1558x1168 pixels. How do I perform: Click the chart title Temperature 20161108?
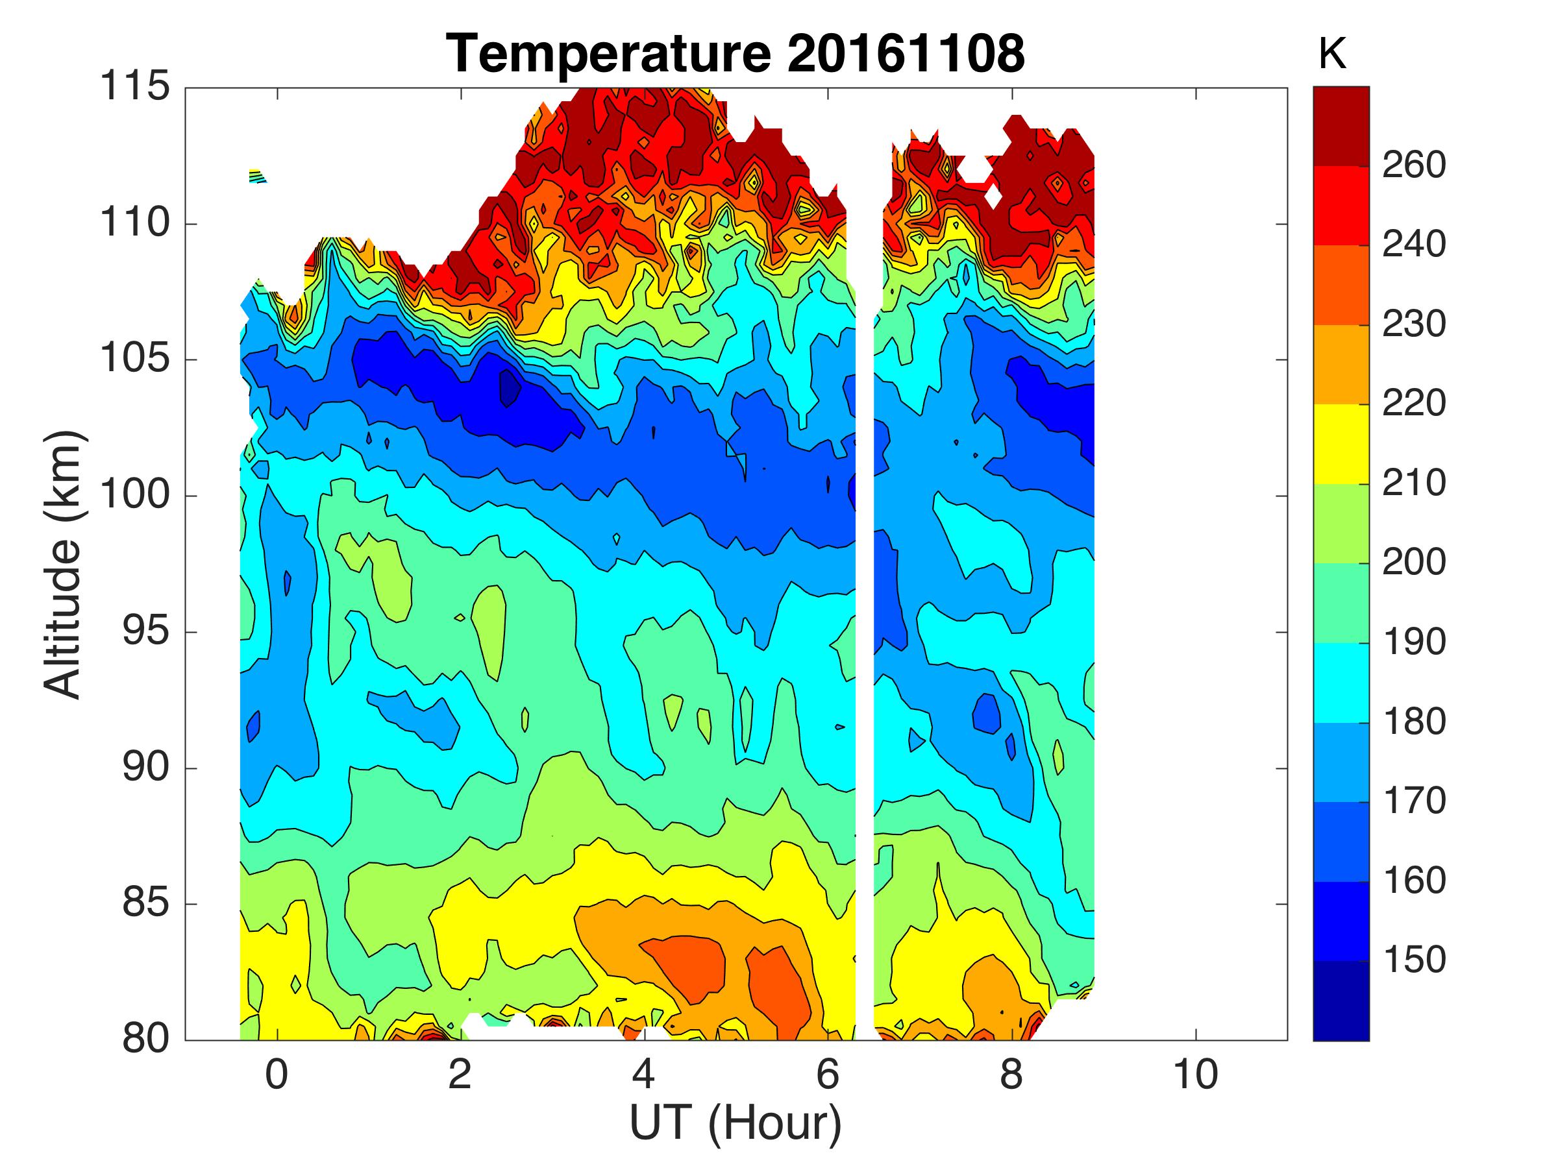[736, 53]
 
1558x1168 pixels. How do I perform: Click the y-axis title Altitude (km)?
[64, 565]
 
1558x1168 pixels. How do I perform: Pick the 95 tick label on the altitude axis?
[146, 631]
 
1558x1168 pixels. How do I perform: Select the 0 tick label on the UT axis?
[277, 1075]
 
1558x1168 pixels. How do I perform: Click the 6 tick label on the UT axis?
[828, 1075]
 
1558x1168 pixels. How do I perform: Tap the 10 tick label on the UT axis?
[1195, 1075]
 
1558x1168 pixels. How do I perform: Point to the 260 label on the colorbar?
[1414, 165]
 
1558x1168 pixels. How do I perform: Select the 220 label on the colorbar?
[1414, 404]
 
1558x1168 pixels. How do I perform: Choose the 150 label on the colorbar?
[1414, 960]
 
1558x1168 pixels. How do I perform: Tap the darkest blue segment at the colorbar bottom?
[1341, 1000]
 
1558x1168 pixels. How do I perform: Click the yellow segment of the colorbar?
[1341, 444]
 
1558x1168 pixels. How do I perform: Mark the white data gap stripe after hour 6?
[865, 633]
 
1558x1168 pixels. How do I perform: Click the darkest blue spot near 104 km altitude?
[509, 387]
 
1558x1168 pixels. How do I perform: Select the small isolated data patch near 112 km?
[257, 175]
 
